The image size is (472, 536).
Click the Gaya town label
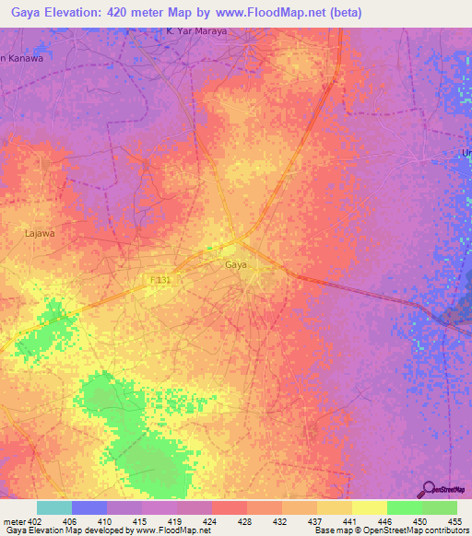point(236,264)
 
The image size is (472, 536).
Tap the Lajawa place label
point(40,234)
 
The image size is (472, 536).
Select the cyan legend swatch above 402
point(54,507)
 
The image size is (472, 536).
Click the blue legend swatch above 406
point(89,507)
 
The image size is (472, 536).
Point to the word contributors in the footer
point(444,531)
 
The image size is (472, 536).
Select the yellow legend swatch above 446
point(370,507)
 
